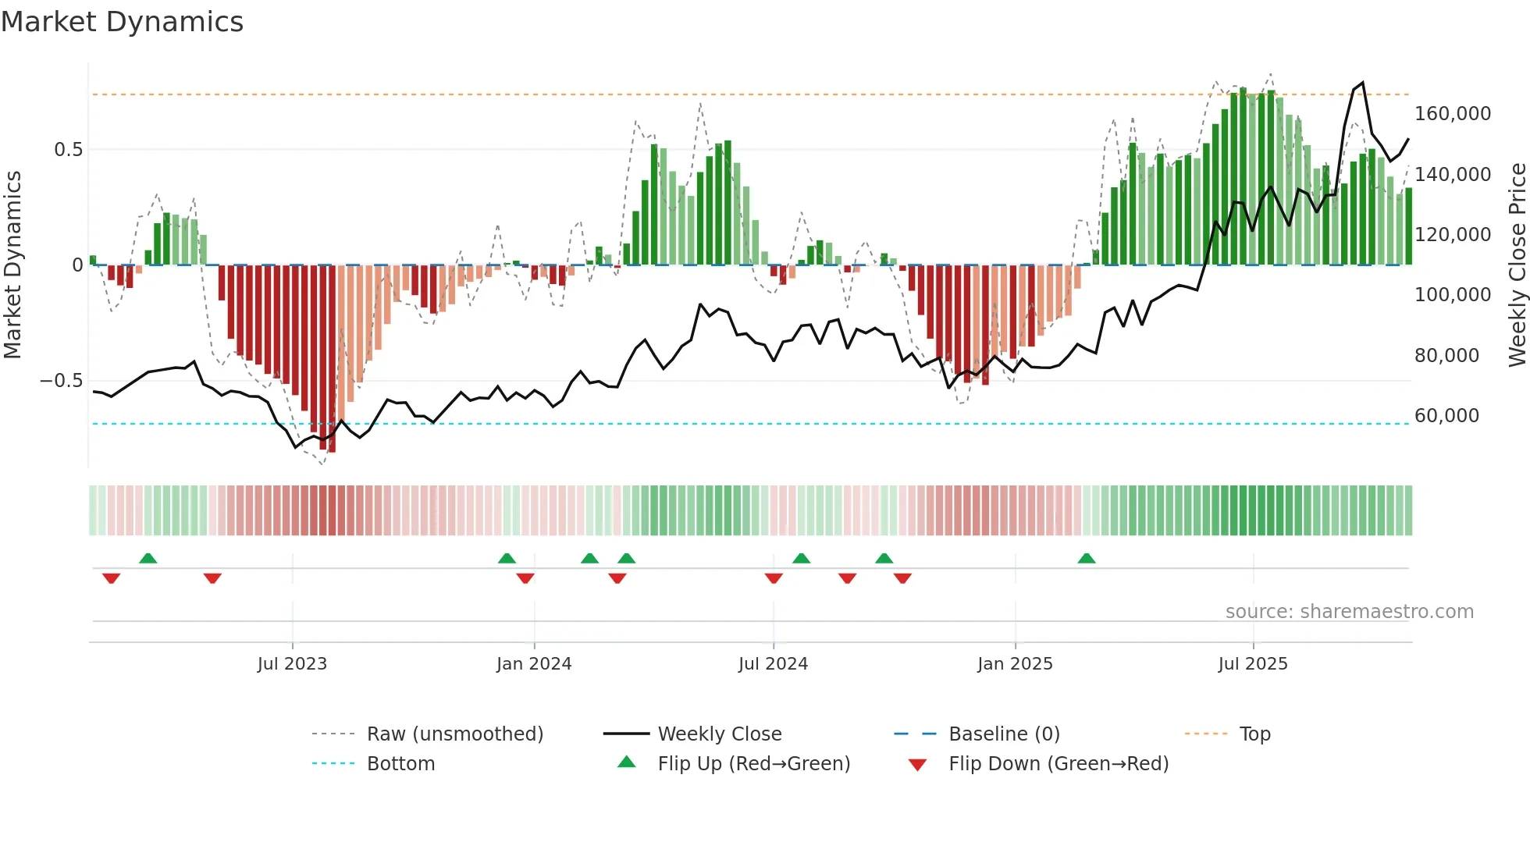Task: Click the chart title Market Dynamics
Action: point(122,22)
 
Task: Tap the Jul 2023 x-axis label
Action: point(292,664)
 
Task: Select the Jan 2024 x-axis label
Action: point(534,664)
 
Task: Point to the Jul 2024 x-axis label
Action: point(773,664)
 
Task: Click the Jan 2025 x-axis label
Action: point(1015,664)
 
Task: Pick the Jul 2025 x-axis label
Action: point(1253,664)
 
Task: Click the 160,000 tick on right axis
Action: point(1453,114)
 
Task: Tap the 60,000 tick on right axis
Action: point(1446,416)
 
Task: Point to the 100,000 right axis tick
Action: point(1453,295)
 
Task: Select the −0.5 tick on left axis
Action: point(61,381)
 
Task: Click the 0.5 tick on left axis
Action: point(68,150)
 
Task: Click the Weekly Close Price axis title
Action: point(1517,265)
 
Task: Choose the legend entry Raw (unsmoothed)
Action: point(454,734)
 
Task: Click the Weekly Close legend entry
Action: point(719,734)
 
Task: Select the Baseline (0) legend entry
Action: point(1004,734)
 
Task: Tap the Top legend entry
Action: point(1254,734)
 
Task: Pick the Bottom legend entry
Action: point(400,764)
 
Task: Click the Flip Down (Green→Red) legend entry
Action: point(1058,764)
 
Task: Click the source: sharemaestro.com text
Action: point(1349,612)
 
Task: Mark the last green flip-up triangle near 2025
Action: point(1087,559)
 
